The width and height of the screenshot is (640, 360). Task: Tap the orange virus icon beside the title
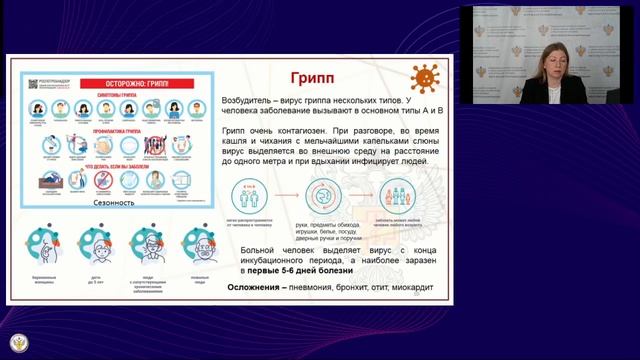click(425, 76)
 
